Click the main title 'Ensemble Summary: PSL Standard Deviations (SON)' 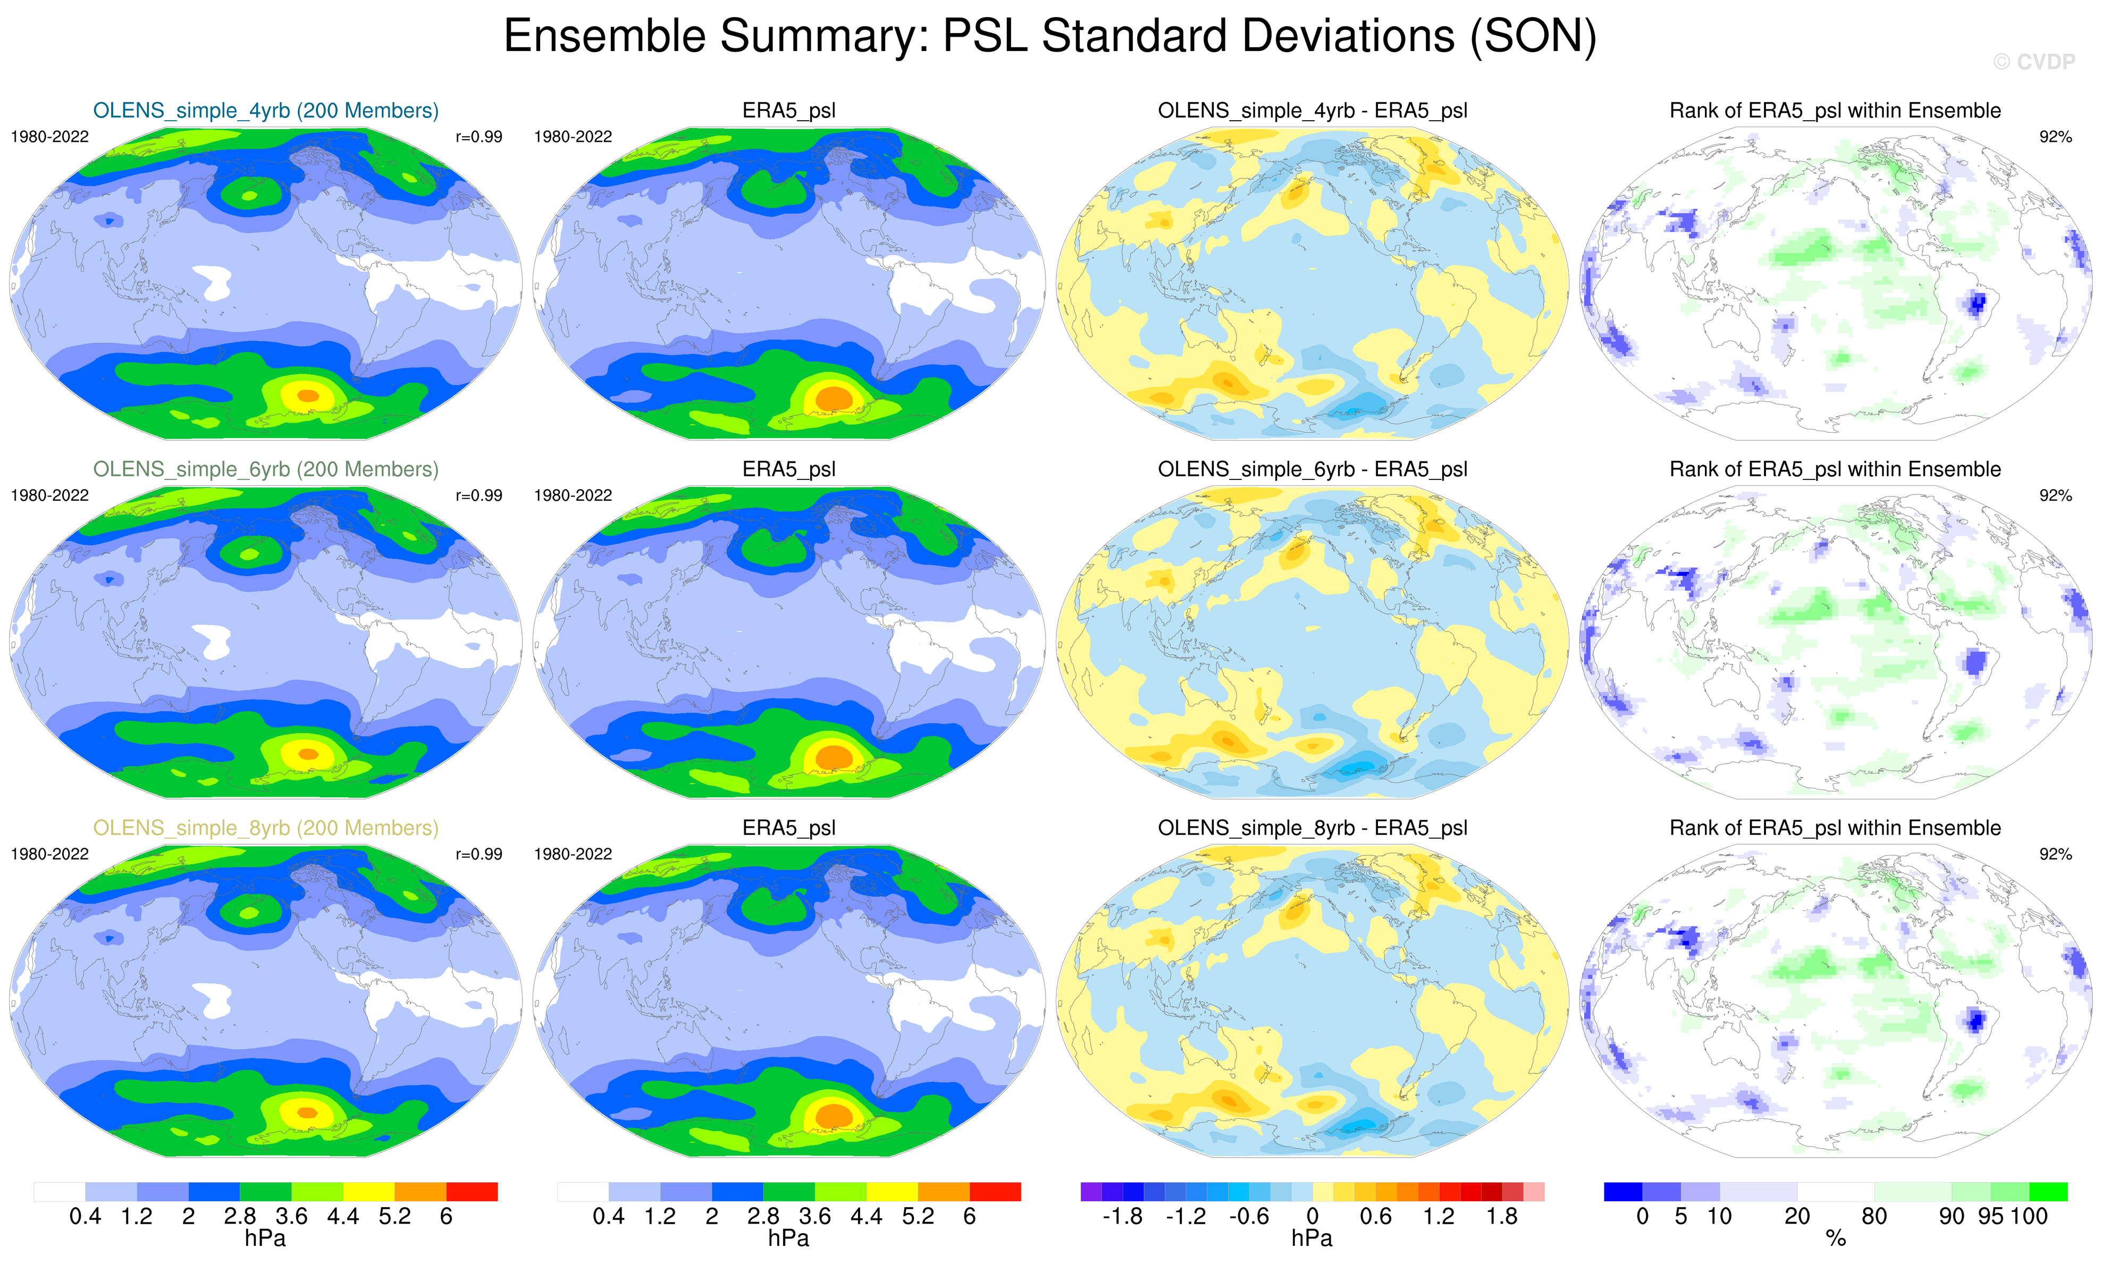point(1049,37)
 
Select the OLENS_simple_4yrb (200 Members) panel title point(266,111)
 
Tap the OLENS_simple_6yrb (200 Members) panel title point(266,469)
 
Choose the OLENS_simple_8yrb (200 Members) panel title point(266,828)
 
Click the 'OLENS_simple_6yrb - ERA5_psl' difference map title point(1311,469)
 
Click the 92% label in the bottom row point(2055,854)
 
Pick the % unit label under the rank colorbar point(1836,1240)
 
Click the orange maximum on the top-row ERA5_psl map point(834,398)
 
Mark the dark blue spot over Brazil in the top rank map point(1977,302)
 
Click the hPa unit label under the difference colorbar point(1311,1240)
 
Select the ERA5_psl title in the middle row point(789,469)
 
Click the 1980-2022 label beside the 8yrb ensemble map point(49,854)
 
